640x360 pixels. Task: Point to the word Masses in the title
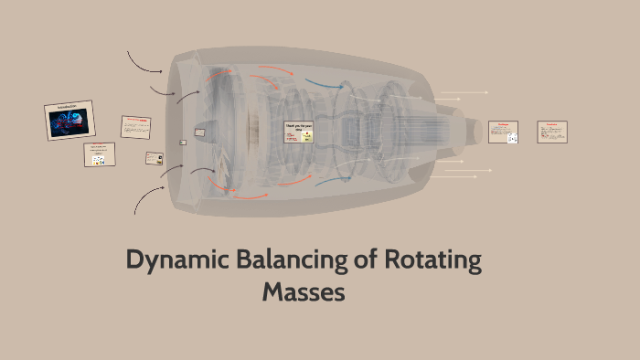[x=303, y=292]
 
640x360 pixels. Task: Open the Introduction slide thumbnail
[x=69, y=120]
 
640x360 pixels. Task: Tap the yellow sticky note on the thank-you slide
[x=307, y=137]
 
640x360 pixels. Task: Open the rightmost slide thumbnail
[x=553, y=131]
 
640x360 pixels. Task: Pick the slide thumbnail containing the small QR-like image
[x=503, y=132]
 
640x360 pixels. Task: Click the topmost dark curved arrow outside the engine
[x=144, y=61]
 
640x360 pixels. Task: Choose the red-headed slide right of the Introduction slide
[x=135, y=127]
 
